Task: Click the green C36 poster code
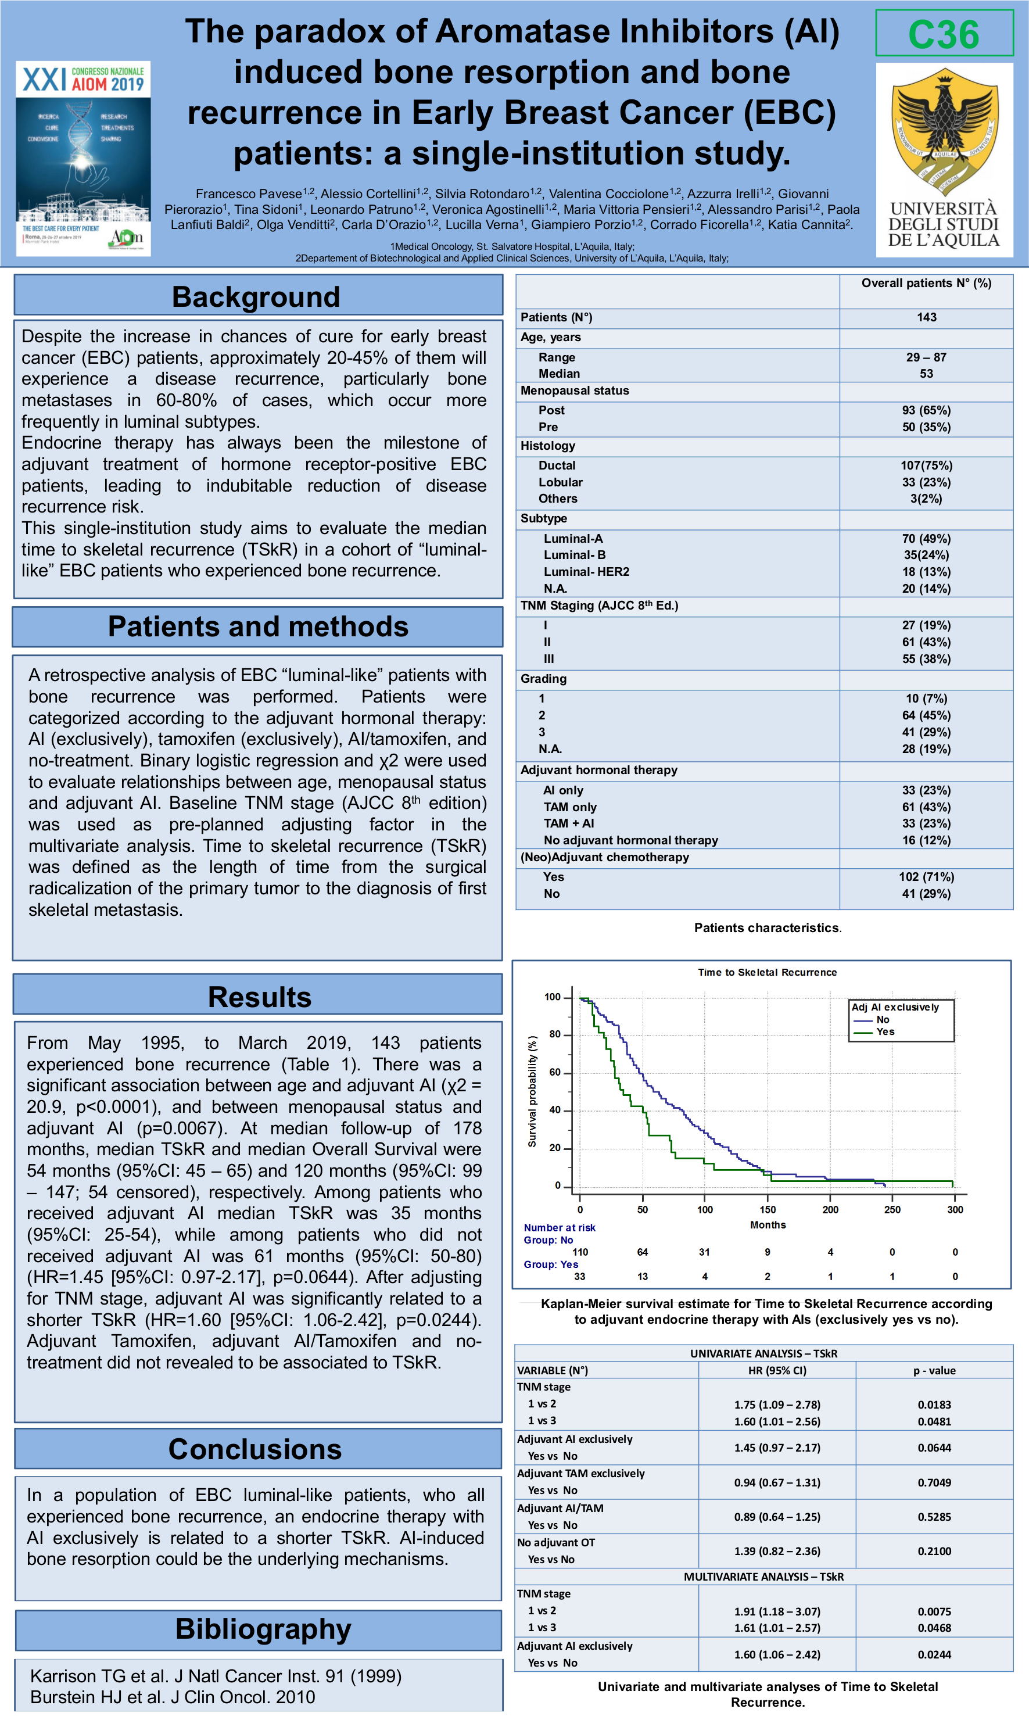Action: click(x=943, y=34)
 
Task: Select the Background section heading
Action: click(x=257, y=297)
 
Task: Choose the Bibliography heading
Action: click(x=263, y=1629)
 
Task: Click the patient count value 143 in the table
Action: click(x=926, y=317)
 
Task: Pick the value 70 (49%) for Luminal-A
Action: click(x=926, y=539)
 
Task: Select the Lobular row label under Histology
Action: click(x=560, y=482)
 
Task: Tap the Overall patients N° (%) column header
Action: click(x=926, y=284)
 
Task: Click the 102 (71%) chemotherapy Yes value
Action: click(x=926, y=877)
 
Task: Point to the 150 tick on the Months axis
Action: click(x=768, y=1210)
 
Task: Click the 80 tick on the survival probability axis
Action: click(x=555, y=1034)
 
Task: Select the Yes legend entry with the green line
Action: click(x=885, y=1031)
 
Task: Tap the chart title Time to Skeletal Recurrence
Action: click(x=767, y=973)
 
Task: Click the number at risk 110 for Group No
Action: click(x=580, y=1252)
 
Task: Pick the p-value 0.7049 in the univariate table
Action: click(x=934, y=1482)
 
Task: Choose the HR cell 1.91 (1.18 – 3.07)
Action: click(x=777, y=1612)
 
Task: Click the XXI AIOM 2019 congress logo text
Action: click(x=83, y=80)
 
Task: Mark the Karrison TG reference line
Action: click(x=216, y=1676)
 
